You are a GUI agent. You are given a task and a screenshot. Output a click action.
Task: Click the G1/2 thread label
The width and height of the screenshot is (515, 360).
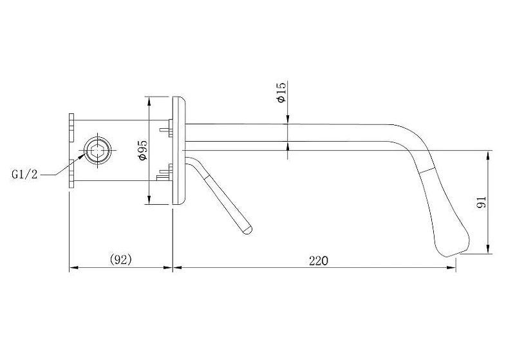pos(24,174)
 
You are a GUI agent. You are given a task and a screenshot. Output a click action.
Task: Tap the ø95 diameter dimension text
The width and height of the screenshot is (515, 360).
pos(143,150)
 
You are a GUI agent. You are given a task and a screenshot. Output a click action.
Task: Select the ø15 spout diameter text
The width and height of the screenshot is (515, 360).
pos(281,92)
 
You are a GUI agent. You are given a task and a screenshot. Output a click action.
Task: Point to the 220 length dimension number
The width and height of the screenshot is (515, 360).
pos(318,260)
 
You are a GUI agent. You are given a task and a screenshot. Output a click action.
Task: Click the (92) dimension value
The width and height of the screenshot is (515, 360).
pos(120,260)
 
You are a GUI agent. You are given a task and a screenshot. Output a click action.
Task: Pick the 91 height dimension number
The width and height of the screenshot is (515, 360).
pos(481,202)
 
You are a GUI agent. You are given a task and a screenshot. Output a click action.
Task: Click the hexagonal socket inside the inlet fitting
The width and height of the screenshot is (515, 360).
pos(98,150)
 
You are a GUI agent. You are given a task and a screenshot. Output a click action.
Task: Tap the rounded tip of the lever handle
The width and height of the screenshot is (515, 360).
pos(247,229)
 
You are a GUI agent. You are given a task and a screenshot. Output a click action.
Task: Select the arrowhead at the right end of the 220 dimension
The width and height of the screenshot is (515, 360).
pos(452,268)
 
